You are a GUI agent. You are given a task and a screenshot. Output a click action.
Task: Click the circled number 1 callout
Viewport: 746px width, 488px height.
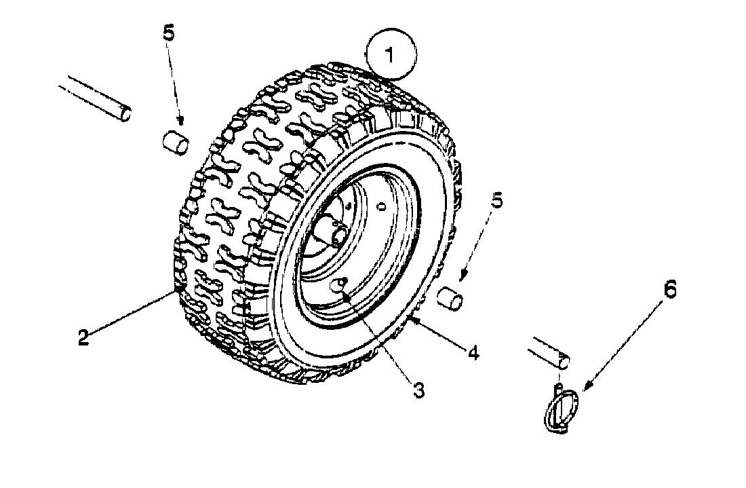tap(391, 54)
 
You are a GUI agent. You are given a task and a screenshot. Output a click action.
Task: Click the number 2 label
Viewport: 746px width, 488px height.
tap(83, 337)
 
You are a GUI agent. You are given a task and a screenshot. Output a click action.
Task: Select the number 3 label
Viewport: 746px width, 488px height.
tap(418, 390)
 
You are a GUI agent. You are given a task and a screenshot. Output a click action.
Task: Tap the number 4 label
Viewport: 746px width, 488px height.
tap(473, 353)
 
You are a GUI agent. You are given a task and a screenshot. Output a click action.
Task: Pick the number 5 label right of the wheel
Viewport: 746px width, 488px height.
tap(496, 201)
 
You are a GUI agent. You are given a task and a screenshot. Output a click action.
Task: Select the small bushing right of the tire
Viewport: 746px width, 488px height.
tap(450, 298)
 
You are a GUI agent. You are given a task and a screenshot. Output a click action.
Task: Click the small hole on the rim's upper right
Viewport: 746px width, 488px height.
tap(380, 206)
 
